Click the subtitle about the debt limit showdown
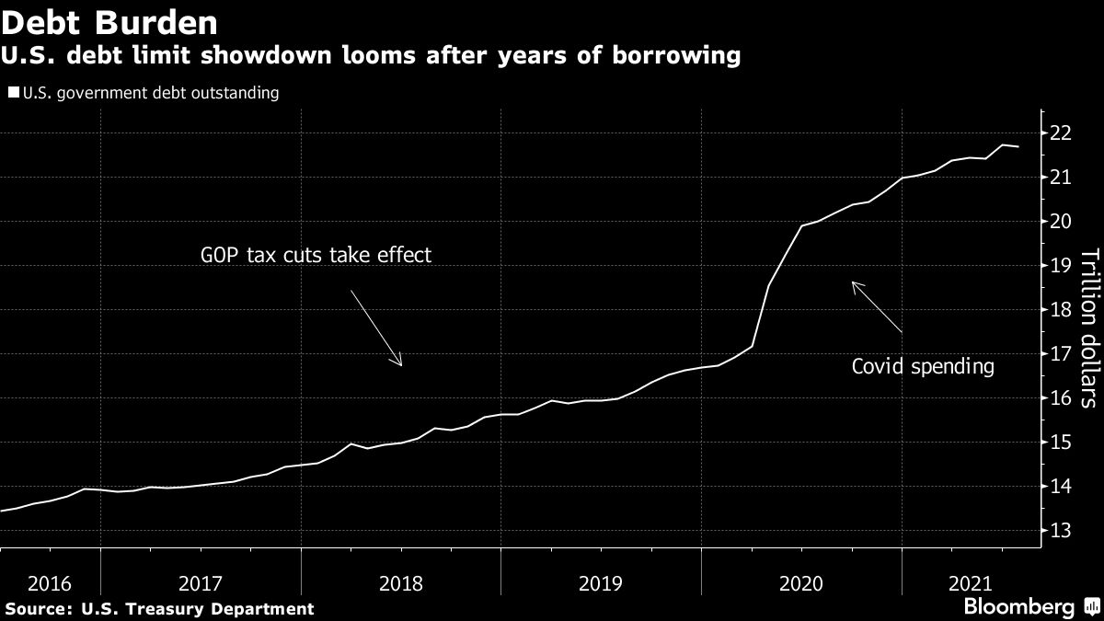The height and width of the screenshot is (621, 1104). click(371, 57)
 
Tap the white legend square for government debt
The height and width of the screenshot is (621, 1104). click(12, 93)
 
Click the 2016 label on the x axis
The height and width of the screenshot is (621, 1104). click(50, 582)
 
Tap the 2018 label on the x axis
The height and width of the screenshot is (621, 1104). click(400, 582)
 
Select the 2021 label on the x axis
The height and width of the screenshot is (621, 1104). click(971, 582)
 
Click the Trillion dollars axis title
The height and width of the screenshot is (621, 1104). click(1088, 328)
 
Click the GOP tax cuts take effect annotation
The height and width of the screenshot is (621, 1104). click(316, 255)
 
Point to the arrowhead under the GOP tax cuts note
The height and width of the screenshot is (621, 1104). click(400, 363)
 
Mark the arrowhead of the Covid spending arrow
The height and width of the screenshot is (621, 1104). click(855, 284)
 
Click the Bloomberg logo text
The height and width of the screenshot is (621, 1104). click(1018, 607)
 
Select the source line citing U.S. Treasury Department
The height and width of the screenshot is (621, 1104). click(157, 608)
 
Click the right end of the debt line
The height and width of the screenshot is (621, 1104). click(1018, 147)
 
